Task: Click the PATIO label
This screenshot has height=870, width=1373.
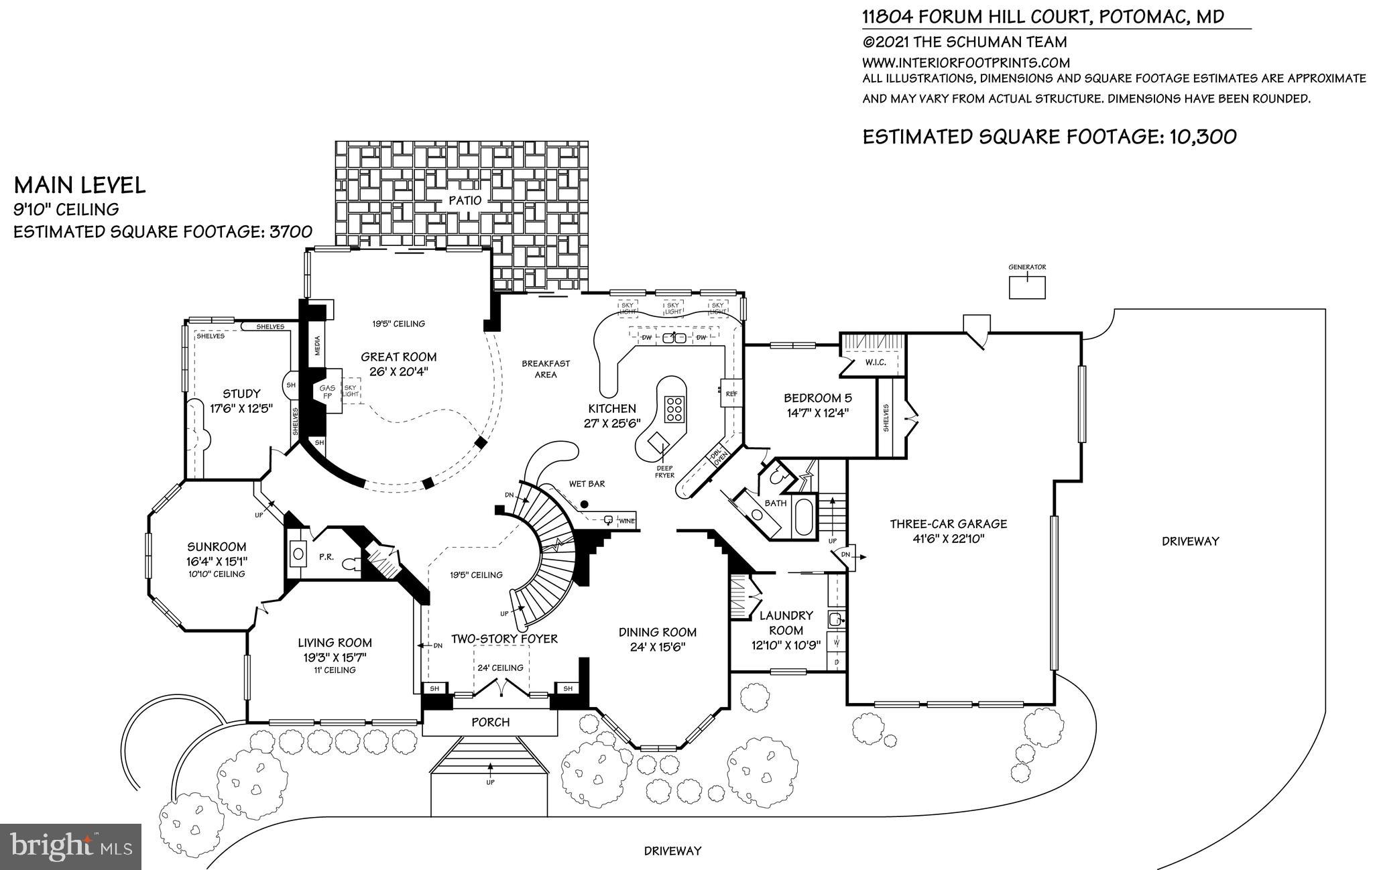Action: click(465, 200)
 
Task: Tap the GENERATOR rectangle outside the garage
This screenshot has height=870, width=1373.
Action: click(1027, 288)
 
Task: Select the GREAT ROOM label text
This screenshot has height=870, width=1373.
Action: click(398, 357)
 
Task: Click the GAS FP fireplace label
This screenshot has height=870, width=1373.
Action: click(327, 392)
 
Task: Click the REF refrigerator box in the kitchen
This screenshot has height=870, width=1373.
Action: click(731, 394)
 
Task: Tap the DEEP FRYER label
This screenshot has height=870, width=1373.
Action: click(664, 472)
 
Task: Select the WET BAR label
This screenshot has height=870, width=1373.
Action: click(587, 484)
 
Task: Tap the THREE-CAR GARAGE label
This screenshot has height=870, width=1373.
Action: click(948, 524)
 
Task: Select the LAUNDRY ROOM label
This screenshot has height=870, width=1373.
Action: click(786, 623)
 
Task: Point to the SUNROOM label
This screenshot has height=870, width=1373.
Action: click(216, 547)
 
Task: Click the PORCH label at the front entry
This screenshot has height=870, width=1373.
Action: click(490, 722)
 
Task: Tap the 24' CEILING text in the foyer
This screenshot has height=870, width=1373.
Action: click(499, 668)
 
